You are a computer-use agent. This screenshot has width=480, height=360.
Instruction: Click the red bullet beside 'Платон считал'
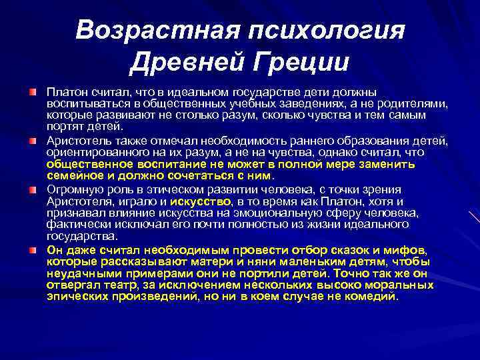[33, 89]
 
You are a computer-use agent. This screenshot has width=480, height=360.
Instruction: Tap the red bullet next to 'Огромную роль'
[33, 189]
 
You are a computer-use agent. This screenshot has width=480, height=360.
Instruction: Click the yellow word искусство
[201, 201]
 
